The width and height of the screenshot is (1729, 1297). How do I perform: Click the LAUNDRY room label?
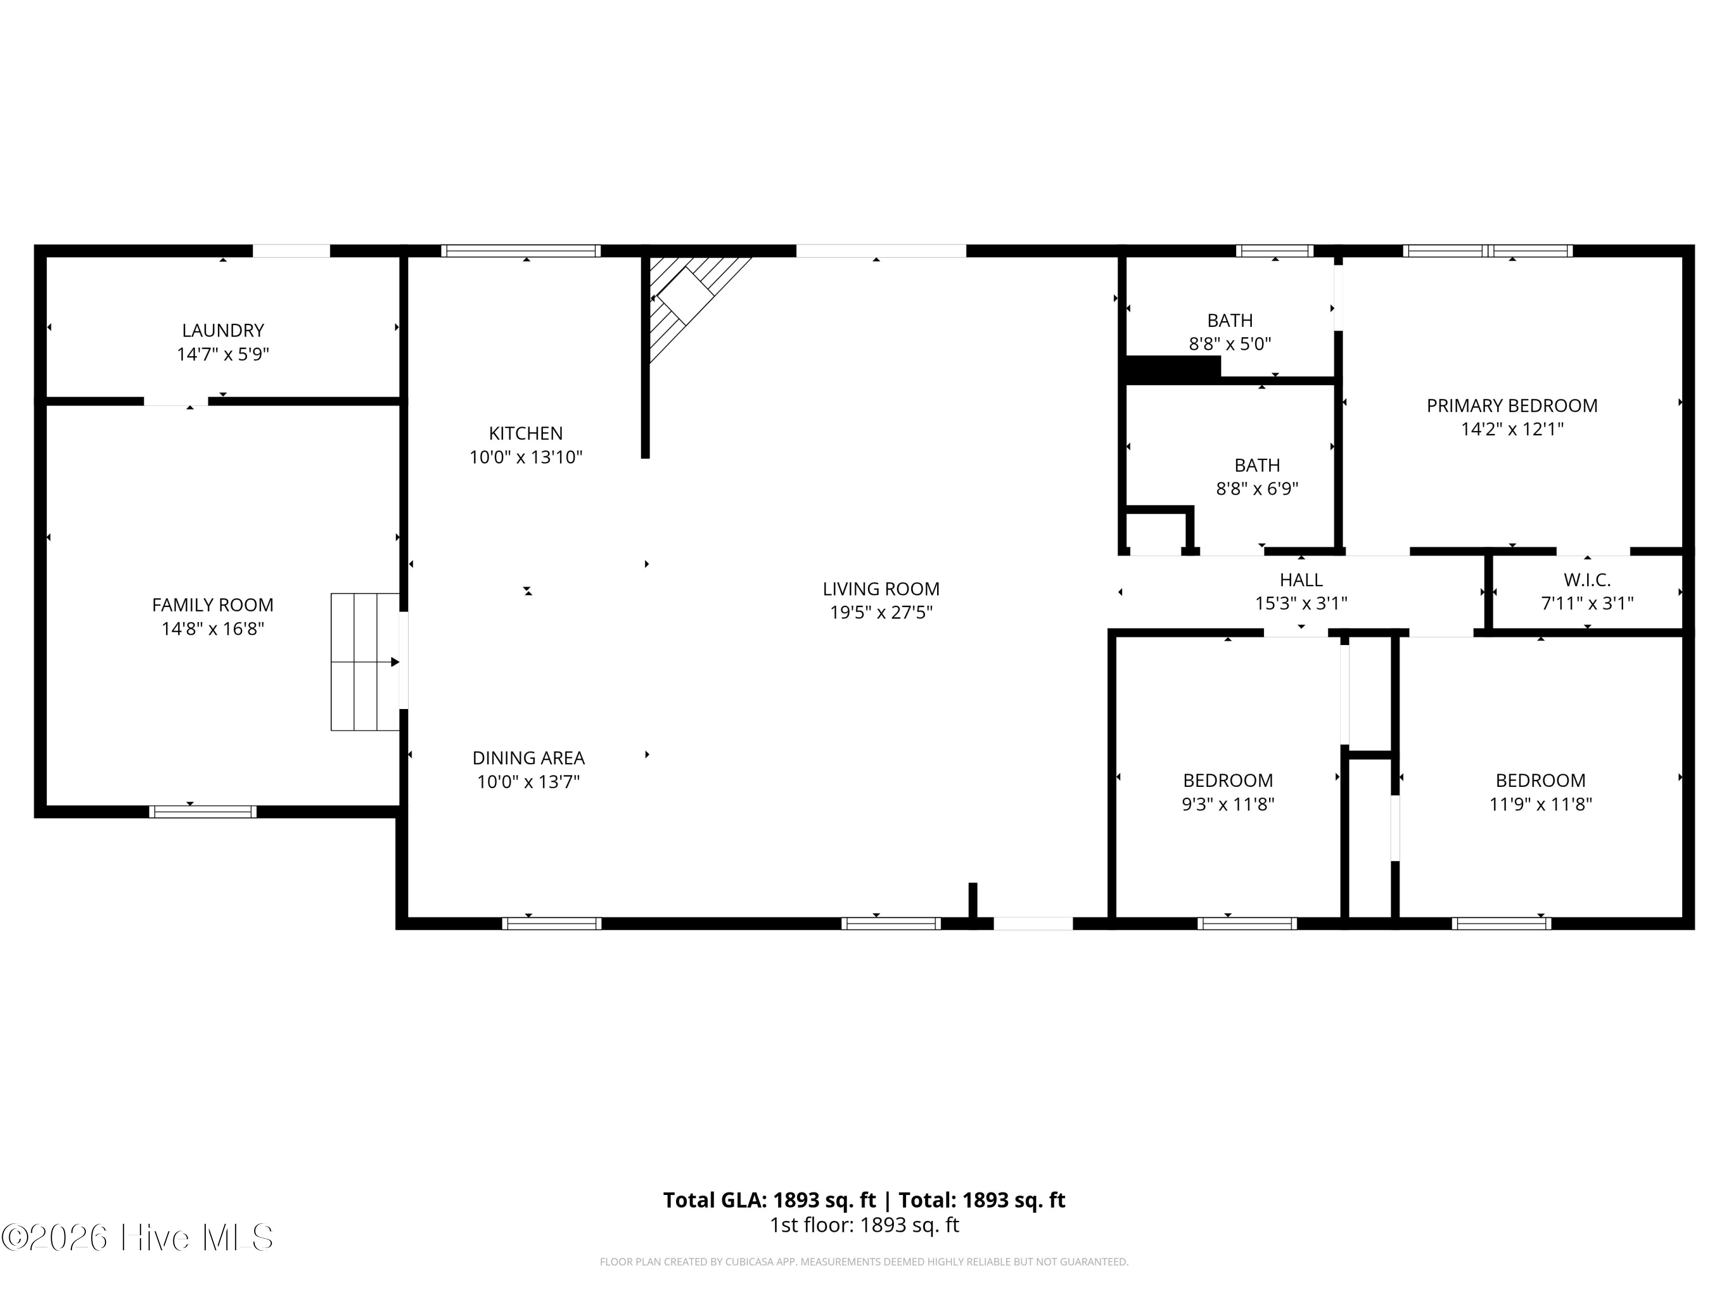click(223, 331)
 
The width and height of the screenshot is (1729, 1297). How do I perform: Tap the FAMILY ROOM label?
click(213, 605)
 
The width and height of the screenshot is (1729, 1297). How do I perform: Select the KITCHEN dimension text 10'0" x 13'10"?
click(526, 457)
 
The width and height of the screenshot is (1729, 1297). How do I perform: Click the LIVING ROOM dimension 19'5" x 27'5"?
click(881, 612)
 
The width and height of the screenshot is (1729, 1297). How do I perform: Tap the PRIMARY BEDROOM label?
click(1512, 406)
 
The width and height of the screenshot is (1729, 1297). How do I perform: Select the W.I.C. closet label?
click(1587, 580)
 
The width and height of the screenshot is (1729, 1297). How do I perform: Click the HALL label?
click(1301, 580)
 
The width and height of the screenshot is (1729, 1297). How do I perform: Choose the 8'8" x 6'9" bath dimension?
click(1257, 489)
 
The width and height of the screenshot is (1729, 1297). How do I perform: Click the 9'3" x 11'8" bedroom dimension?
click(1228, 805)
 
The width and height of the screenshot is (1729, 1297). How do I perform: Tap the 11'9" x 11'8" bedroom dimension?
click(1540, 805)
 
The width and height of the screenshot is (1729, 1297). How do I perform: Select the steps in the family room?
click(365, 662)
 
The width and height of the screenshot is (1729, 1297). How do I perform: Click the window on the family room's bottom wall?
click(202, 812)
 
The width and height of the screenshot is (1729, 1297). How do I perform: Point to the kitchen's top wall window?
click(520, 251)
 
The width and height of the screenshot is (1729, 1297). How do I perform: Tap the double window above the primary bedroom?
click(1488, 251)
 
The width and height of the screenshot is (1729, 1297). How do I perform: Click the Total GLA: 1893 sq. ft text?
click(769, 1200)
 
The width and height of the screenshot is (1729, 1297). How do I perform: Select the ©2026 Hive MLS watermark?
click(138, 1238)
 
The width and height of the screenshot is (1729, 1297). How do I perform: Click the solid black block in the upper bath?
click(1172, 368)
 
